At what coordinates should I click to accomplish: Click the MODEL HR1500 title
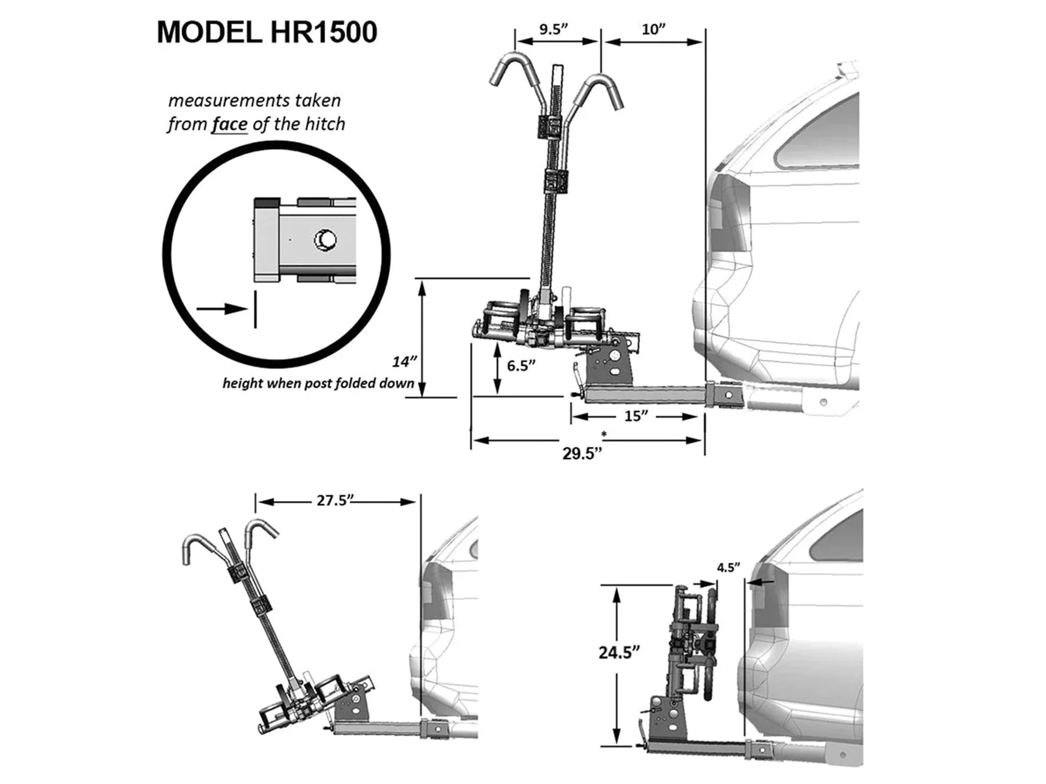tap(267, 33)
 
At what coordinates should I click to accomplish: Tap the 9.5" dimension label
tap(553, 29)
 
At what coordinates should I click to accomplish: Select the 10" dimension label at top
tap(654, 29)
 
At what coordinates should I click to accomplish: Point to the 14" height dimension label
tap(404, 362)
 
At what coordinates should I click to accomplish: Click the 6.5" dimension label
tap(521, 365)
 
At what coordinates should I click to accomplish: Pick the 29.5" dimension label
tap(582, 453)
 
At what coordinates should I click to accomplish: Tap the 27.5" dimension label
tap(335, 501)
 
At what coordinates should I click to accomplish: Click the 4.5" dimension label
tap(729, 567)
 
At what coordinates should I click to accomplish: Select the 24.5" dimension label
tap(619, 652)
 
